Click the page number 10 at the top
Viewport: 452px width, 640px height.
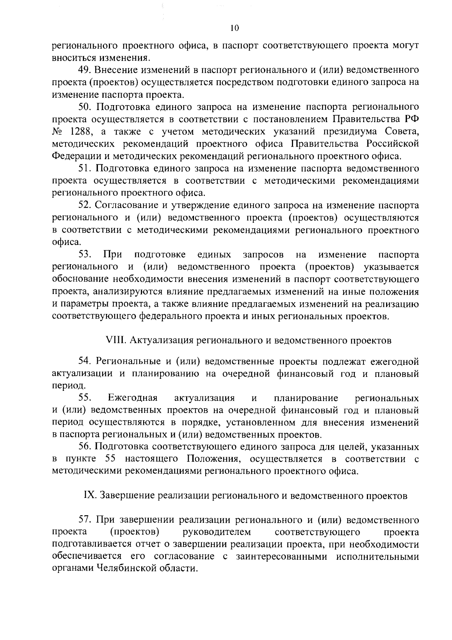point(234,29)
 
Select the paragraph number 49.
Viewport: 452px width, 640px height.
point(85,70)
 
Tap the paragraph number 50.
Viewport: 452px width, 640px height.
point(85,107)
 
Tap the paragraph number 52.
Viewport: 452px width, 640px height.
point(85,205)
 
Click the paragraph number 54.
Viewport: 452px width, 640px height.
point(85,361)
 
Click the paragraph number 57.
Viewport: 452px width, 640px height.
point(85,521)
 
